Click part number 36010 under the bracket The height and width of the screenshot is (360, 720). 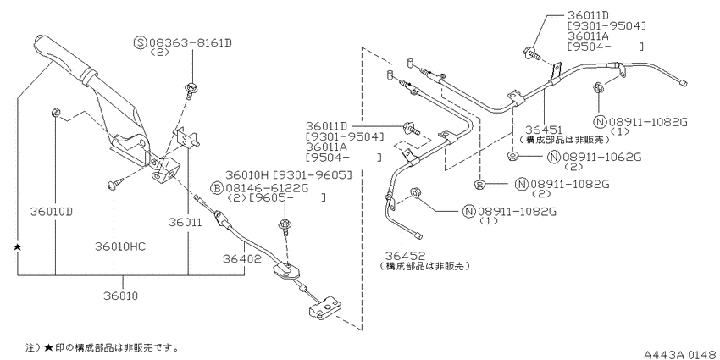click(x=123, y=296)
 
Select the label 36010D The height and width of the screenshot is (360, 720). click(x=52, y=212)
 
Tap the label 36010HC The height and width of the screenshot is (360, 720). click(x=120, y=246)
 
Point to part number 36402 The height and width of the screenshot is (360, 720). click(x=242, y=259)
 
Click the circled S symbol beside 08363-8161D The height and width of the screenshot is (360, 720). click(x=140, y=43)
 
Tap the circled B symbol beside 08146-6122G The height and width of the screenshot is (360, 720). click(x=216, y=188)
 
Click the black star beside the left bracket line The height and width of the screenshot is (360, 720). click(x=17, y=247)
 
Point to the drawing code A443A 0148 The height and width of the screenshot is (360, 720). click(x=679, y=354)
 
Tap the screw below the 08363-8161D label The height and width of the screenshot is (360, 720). click(x=190, y=90)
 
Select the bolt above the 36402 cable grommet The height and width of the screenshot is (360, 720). click(x=283, y=227)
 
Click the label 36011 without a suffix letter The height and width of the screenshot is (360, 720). click(x=185, y=223)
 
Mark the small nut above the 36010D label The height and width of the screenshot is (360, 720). click(x=55, y=112)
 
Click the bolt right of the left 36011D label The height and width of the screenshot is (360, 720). click(x=411, y=128)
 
